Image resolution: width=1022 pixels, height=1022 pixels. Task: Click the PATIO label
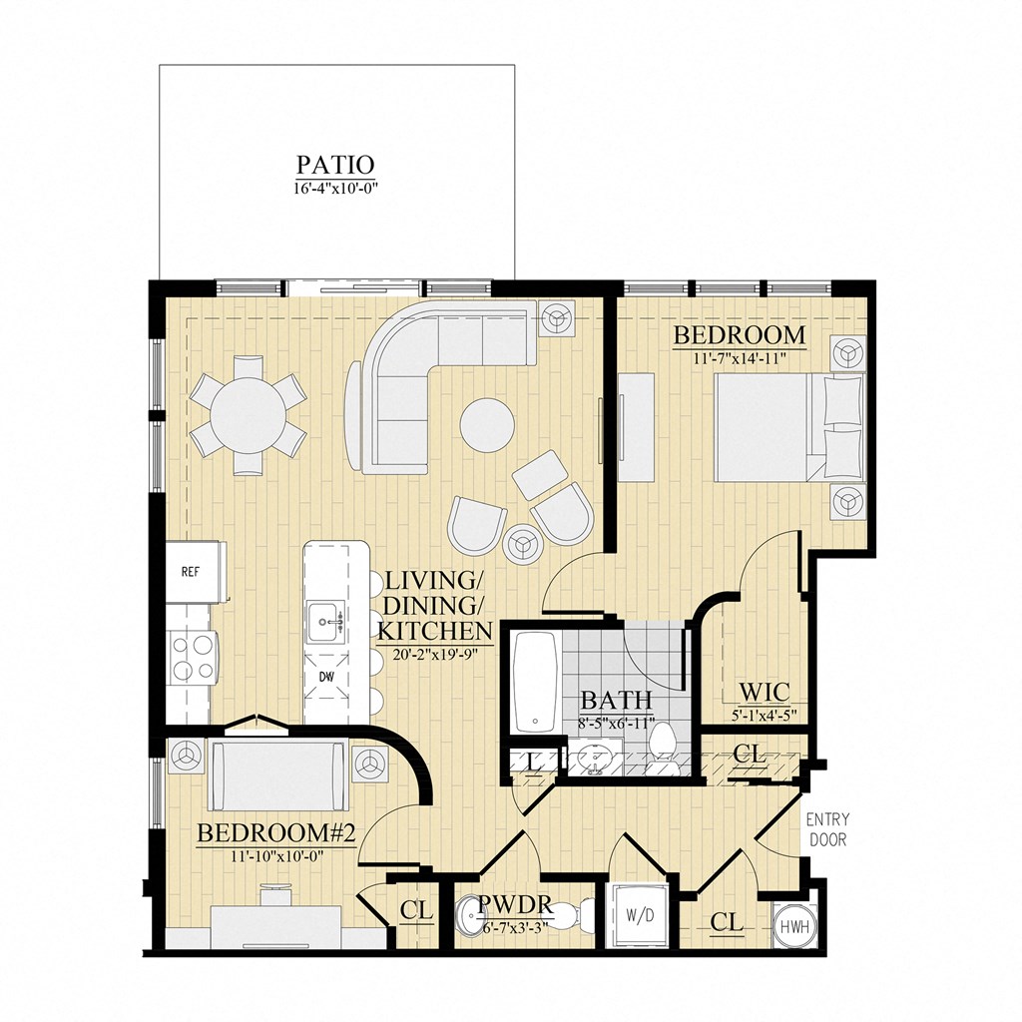[x=335, y=164]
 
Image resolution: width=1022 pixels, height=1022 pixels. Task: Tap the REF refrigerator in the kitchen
[x=191, y=572]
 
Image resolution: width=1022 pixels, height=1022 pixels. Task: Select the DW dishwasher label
[x=326, y=676]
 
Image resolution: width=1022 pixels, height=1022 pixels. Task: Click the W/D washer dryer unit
[x=638, y=914]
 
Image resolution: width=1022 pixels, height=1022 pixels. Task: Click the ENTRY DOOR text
[x=826, y=829]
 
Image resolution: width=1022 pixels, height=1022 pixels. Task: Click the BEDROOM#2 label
[x=262, y=832]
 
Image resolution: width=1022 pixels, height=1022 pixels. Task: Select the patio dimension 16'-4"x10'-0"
[x=335, y=187]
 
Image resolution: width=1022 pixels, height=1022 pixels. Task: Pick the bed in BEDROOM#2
[x=279, y=774]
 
